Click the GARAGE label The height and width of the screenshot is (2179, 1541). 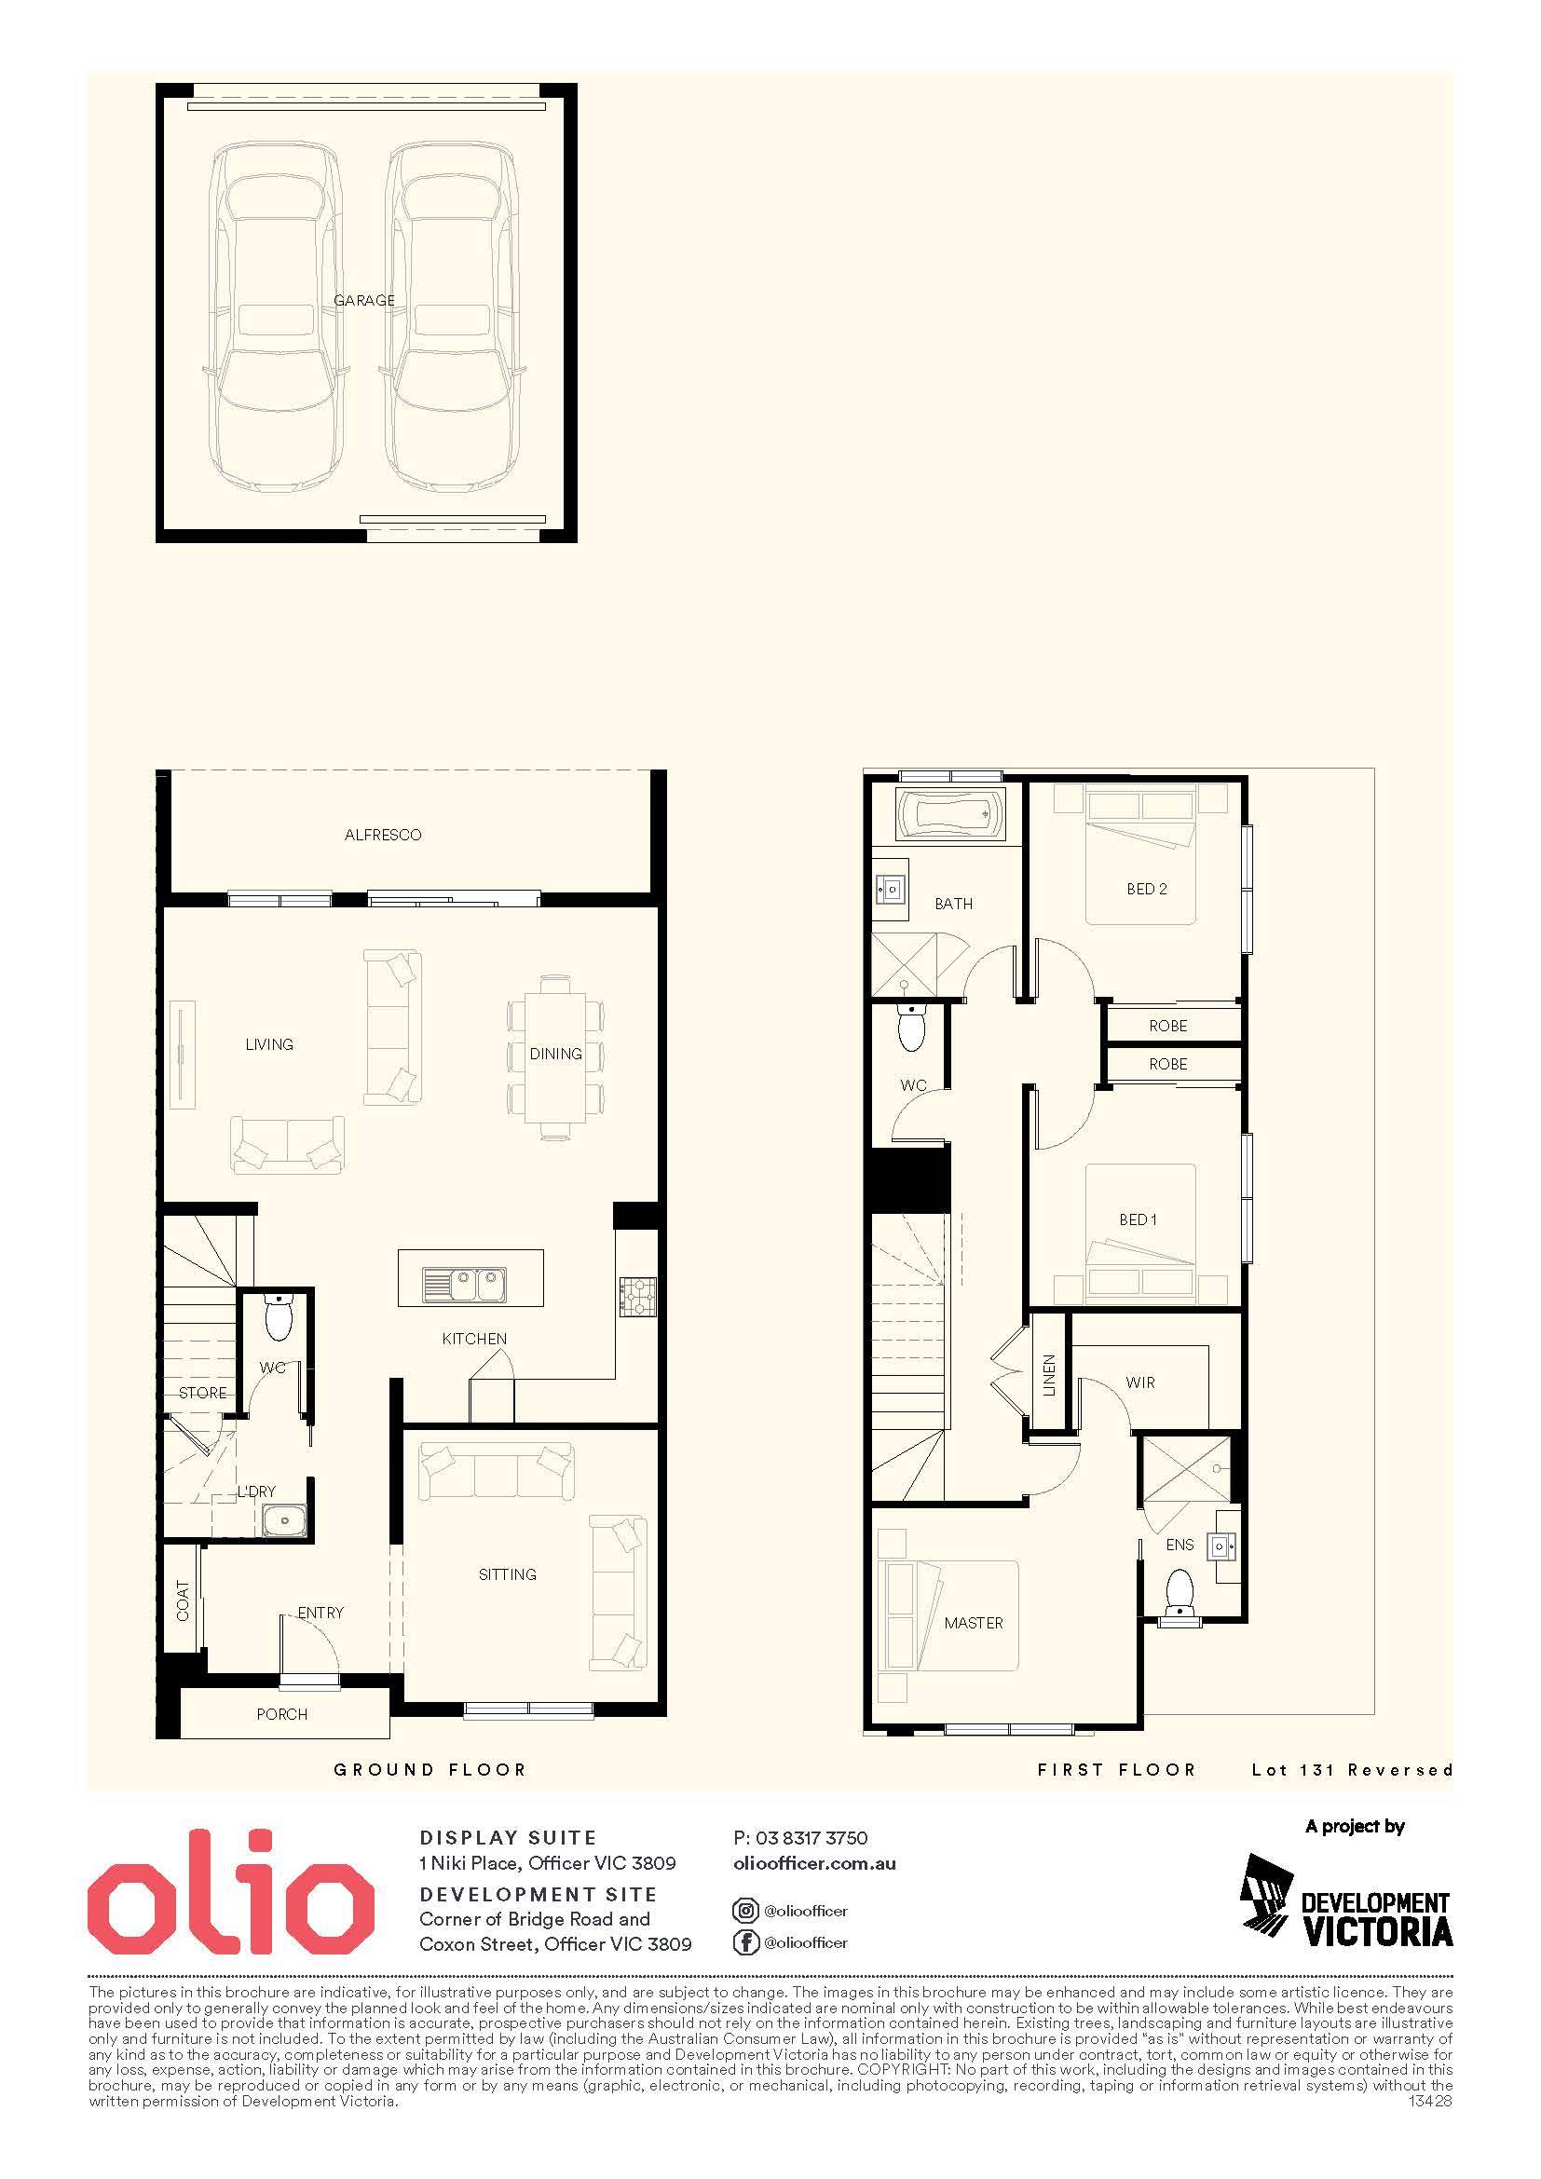pos(364,301)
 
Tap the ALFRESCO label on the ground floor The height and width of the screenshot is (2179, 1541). pos(382,835)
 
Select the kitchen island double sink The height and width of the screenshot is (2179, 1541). pos(465,1286)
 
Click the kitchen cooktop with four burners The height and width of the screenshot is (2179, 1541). pos(637,1298)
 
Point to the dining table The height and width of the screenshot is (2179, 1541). pos(556,1054)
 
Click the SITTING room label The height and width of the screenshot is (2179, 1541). pos(508,1574)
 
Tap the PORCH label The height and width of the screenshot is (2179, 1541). pos(281,1714)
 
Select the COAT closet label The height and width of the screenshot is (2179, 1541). pos(184,1601)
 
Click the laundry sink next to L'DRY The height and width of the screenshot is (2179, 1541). pos(284,1522)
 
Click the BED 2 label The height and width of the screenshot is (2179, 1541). pos(1146,890)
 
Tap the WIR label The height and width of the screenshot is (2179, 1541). pos(1140,1382)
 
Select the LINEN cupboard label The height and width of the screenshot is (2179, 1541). pos(1048,1375)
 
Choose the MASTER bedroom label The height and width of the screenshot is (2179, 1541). pos(974,1623)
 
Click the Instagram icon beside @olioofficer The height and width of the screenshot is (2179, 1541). pos(746,1911)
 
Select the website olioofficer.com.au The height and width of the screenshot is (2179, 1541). pos(815,1863)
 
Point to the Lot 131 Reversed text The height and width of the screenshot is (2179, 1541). pos(1352,1770)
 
